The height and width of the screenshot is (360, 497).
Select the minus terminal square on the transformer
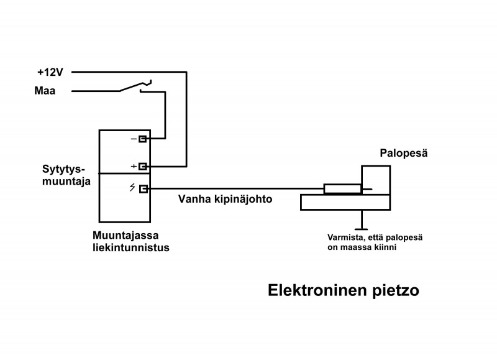pos(143,139)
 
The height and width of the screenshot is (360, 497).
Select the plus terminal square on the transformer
pos(143,166)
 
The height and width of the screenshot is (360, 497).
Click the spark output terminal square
pos(143,189)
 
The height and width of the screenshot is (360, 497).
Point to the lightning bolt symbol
pos(132,188)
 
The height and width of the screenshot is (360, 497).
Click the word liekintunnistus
pos(130,247)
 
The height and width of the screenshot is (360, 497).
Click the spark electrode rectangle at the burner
pos(342,189)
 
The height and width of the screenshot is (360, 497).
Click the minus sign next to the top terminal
pos(133,139)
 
